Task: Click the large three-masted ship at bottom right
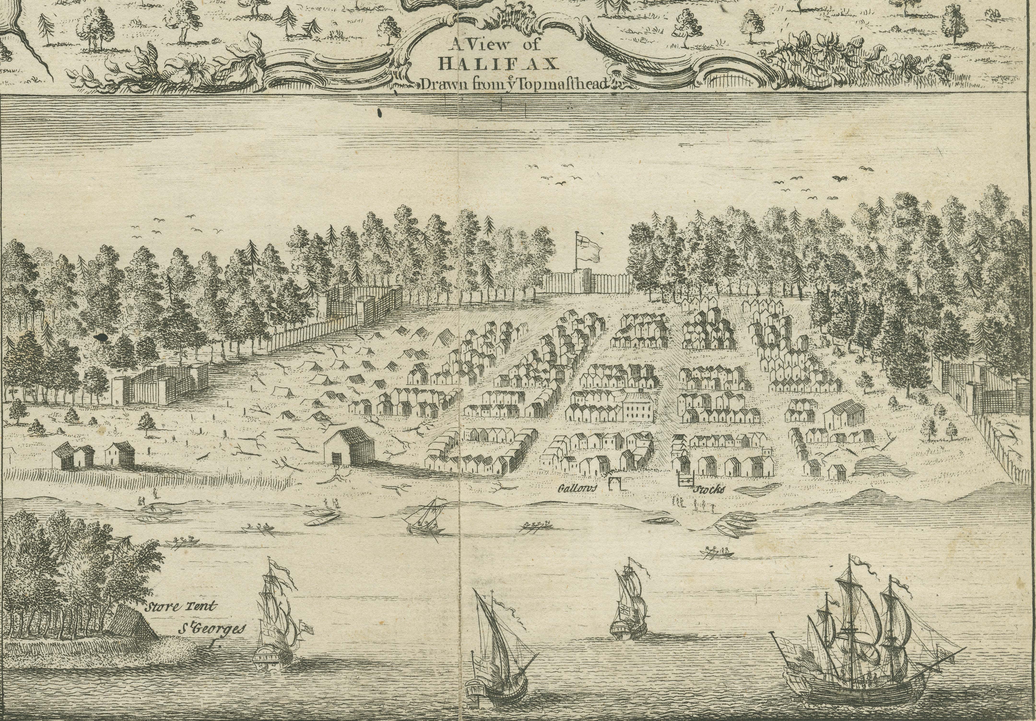[x=853, y=641]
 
